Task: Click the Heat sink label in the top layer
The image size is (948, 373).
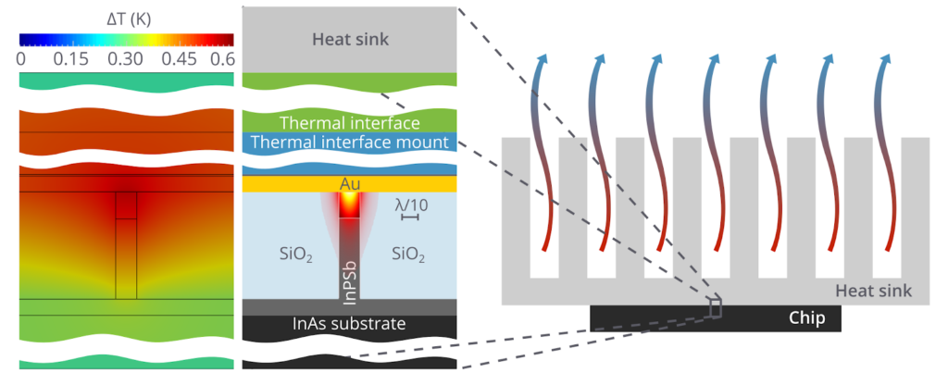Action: (x=350, y=39)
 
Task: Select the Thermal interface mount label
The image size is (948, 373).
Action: (x=350, y=143)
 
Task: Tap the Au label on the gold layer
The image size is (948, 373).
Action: (x=350, y=185)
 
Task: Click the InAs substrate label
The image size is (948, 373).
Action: (x=350, y=324)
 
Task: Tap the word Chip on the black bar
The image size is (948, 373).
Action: (x=805, y=317)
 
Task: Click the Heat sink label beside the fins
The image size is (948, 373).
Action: (x=873, y=291)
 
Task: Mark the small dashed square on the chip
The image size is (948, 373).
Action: (x=715, y=307)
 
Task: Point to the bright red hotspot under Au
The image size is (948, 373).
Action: (x=350, y=205)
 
